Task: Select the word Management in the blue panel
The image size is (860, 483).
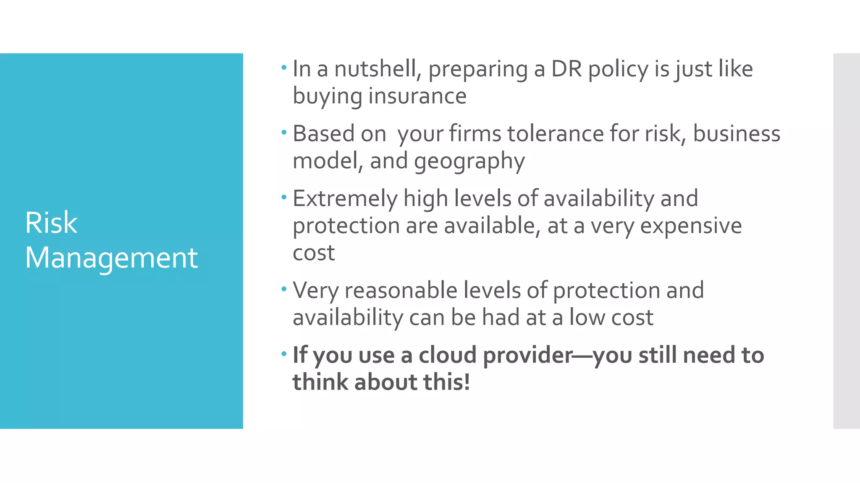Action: point(111,258)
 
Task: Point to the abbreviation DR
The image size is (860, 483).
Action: point(566,69)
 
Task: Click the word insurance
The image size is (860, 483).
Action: point(417,96)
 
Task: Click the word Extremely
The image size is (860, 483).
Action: point(345,199)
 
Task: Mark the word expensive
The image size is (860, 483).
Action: point(691,226)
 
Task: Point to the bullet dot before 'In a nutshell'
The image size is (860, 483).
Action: point(284,67)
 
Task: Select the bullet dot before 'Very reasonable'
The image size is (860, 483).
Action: point(284,289)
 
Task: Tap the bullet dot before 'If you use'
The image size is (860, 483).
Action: point(284,354)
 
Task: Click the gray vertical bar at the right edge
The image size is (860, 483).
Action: point(846,241)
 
